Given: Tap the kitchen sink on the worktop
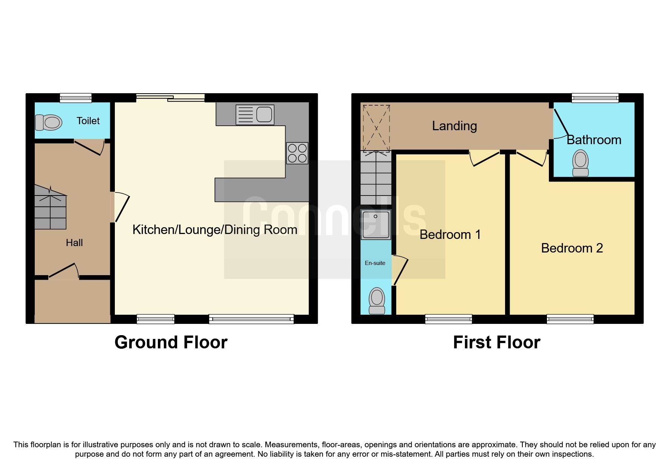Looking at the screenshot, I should [255, 115].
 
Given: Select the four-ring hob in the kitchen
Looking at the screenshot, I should [297, 153].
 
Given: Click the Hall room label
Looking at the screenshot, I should [74, 243].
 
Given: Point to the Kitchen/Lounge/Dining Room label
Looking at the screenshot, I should [215, 229].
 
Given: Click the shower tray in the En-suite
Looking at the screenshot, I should [375, 225].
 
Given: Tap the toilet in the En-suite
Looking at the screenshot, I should [377, 301].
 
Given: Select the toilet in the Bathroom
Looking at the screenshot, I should [581, 163].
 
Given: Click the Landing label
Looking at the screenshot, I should [454, 126].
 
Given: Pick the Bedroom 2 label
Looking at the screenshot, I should [572, 248].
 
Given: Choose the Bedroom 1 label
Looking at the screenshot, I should [450, 234].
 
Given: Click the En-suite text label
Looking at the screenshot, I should [375, 263].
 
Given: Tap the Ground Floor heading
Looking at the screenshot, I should [171, 342].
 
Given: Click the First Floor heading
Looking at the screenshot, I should [496, 342].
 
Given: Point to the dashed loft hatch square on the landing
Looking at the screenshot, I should [376, 128].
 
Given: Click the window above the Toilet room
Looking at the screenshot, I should [76, 98].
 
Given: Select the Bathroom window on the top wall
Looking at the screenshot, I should [595, 98].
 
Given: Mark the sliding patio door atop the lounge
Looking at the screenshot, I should [170, 97].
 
